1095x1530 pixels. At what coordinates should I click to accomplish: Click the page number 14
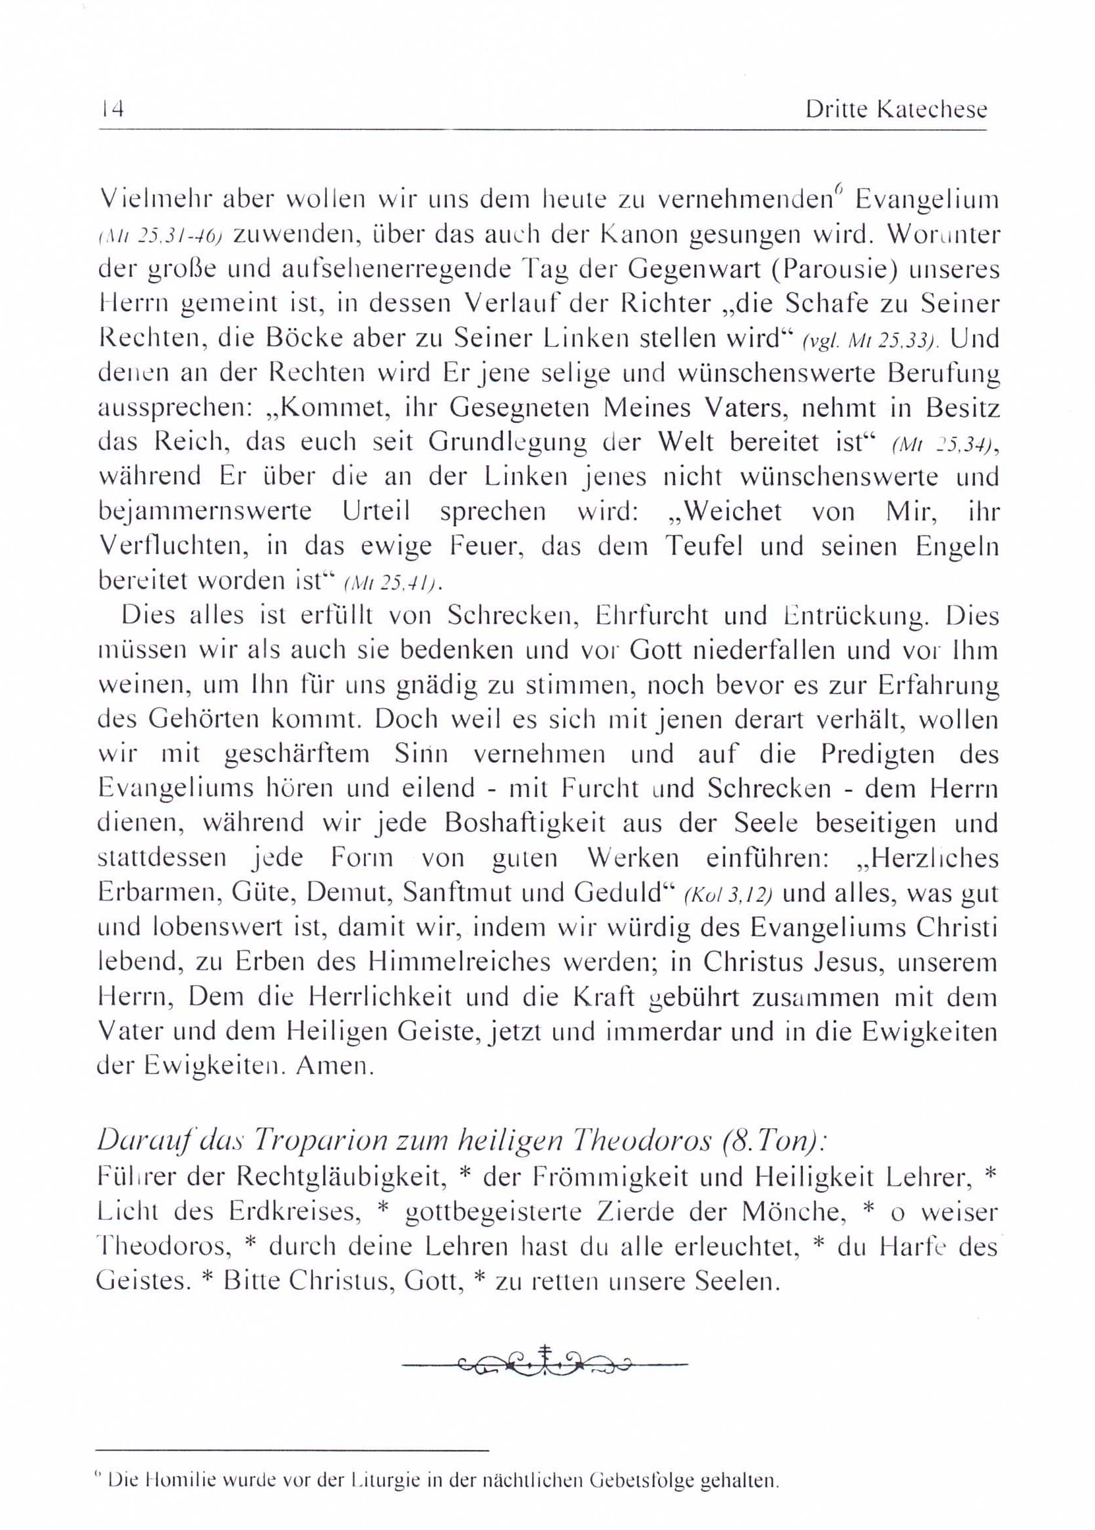click(x=111, y=110)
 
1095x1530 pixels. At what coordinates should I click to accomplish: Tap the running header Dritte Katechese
click(x=895, y=110)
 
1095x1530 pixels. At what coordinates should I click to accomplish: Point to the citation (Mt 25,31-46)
click(x=160, y=236)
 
